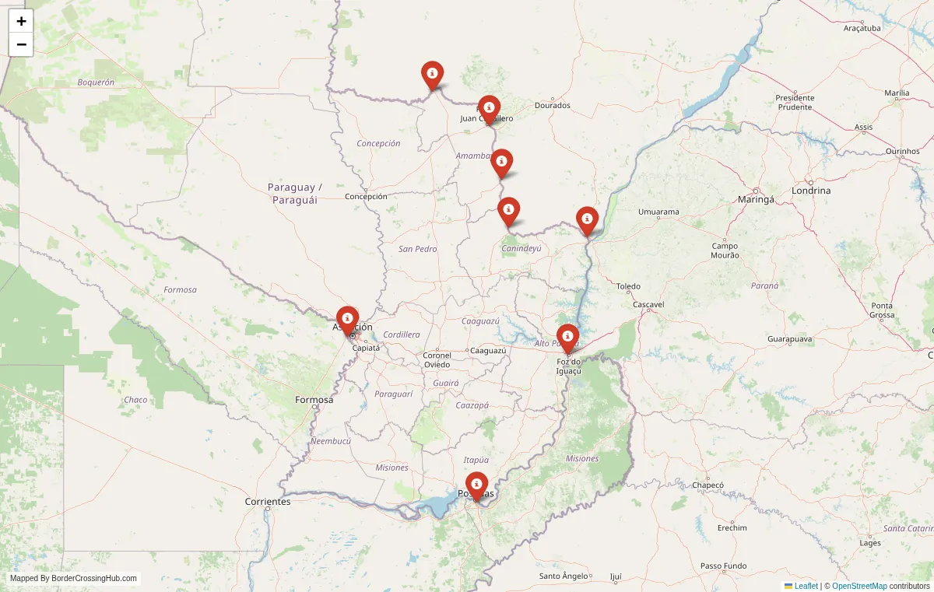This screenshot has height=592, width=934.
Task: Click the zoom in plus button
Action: pyautogui.click(x=21, y=21)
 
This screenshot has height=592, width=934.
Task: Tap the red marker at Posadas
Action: pyautogui.click(x=476, y=485)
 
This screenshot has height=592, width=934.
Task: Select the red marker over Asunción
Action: pyautogui.click(x=347, y=319)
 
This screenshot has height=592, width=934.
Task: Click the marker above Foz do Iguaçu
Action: pyautogui.click(x=568, y=337)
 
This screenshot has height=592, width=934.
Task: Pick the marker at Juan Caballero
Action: pyautogui.click(x=489, y=108)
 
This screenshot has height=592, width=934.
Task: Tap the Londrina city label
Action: pyautogui.click(x=810, y=191)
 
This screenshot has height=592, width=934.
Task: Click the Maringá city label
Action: pyautogui.click(x=756, y=199)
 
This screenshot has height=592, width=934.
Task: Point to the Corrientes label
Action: pyautogui.click(x=267, y=502)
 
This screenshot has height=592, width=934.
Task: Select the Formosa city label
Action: pyautogui.click(x=314, y=400)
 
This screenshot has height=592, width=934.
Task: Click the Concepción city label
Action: pyautogui.click(x=366, y=197)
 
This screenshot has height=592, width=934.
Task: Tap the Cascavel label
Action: pyautogui.click(x=648, y=305)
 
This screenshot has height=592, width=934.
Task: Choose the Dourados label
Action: pyautogui.click(x=553, y=105)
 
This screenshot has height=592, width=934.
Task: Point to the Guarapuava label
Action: pyautogui.click(x=789, y=339)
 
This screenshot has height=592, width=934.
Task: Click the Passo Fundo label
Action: pyautogui.click(x=723, y=566)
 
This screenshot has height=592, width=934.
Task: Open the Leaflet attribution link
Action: pyautogui.click(x=806, y=586)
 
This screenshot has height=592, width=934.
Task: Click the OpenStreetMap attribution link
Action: pyautogui.click(x=859, y=586)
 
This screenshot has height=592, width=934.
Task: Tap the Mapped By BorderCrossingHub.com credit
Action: pyautogui.click(x=73, y=578)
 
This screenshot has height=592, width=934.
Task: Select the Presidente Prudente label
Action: pyautogui.click(x=795, y=102)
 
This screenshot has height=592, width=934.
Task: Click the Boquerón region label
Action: pyautogui.click(x=96, y=82)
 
